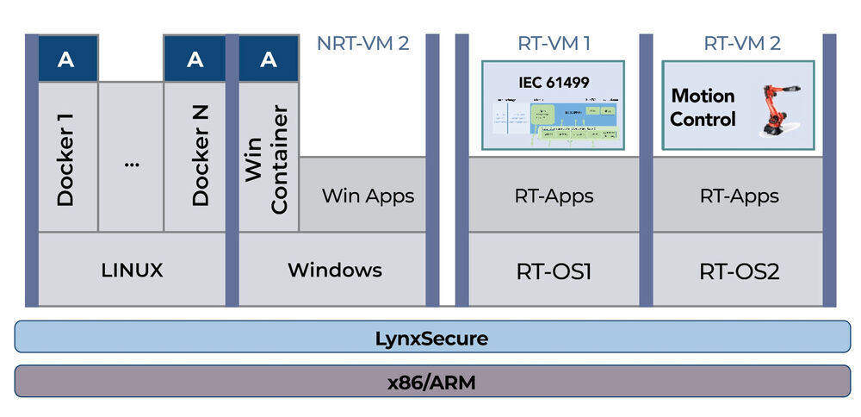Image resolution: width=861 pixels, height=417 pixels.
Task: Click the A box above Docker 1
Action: pyautogui.click(x=67, y=59)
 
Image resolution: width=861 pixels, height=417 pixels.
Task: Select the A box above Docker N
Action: pyautogui.click(x=195, y=59)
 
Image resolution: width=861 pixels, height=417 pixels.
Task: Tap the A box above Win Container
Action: pyautogui.click(x=269, y=59)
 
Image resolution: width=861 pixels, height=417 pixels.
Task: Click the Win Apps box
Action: pyautogui.click(x=368, y=195)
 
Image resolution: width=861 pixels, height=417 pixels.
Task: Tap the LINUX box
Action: pyautogui.click(x=132, y=270)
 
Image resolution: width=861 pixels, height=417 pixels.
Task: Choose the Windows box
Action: pyautogui.click(x=334, y=270)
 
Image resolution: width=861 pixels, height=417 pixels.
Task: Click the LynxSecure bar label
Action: pyautogui.click(x=430, y=338)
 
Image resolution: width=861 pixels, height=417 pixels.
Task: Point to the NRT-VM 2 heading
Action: pyautogui.click(x=362, y=43)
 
